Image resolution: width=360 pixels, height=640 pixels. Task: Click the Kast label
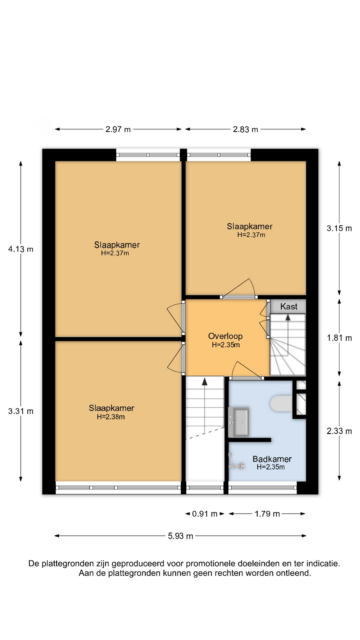[289, 306]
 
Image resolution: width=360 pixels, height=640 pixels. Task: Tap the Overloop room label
[225, 336]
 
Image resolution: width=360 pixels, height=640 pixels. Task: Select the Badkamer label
[272, 459]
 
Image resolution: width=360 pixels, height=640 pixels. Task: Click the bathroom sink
[238, 422]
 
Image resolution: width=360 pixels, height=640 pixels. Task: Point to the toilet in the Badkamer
[281, 403]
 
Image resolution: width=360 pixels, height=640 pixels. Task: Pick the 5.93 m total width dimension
[180, 536]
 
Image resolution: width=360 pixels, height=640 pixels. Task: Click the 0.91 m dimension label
[205, 514]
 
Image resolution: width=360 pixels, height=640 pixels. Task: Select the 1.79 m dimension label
[267, 514]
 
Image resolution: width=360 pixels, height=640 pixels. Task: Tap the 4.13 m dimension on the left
[21, 249]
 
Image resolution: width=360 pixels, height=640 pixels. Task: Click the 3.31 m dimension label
[21, 411]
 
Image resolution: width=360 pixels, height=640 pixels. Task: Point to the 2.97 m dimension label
[118, 129]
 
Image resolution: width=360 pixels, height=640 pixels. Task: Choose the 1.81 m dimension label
[339, 338]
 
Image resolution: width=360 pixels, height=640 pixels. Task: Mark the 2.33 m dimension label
[339, 431]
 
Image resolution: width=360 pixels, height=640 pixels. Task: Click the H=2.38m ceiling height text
[111, 417]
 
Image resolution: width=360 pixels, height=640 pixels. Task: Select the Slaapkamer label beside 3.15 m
[250, 226]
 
